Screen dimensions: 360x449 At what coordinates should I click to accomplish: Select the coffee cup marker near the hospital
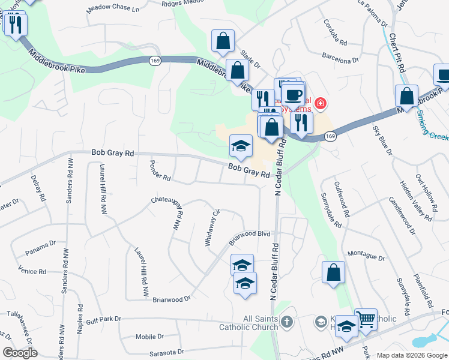coord(293,94)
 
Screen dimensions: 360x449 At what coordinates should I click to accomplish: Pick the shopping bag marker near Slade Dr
coord(223,41)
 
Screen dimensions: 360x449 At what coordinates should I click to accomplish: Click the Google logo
coord(20,353)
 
